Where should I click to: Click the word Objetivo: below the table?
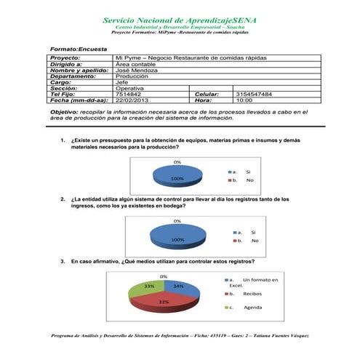click(x=64, y=112)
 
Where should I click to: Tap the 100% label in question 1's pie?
click(x=177, y=178)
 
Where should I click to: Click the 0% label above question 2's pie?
click(x=177, y=220)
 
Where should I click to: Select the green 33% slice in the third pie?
click(x=149, y=288)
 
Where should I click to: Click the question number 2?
click(x=63, y=199)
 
